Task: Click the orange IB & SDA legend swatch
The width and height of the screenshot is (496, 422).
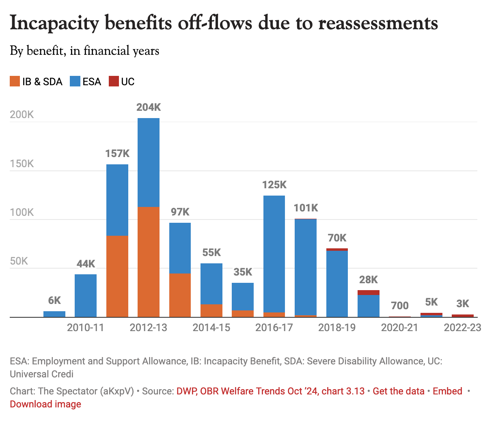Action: coord(15,82)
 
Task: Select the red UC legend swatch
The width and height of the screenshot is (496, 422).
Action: coord(113,82)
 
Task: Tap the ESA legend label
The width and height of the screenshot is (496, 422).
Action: coord(92,82)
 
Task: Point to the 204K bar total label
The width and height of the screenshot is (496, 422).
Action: coord(149,107)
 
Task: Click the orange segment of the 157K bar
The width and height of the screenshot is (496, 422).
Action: coord(117,276)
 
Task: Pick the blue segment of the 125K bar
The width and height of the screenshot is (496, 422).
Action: coord(274,254)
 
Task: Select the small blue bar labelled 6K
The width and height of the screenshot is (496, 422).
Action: coord(54,314)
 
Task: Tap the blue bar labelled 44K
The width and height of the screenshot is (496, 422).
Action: coord(86,295)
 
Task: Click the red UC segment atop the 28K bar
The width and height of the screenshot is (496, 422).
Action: coord(369,293)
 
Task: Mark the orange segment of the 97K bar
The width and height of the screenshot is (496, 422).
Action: coord(180,295)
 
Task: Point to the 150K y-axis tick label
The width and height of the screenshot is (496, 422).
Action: coord(22,164)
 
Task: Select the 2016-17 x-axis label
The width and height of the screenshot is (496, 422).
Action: coord(274,327)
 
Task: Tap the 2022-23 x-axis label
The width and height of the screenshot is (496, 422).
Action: coord(462,327)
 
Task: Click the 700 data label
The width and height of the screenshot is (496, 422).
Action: coord(400,306)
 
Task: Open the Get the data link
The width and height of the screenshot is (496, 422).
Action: coord(399,391)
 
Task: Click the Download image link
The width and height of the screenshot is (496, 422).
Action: coord(45,404)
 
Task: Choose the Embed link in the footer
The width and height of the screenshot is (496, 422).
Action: coord(447,391)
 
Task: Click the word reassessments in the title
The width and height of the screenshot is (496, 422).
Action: coord(378,23)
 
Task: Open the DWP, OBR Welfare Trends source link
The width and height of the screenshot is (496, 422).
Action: coord(270,391)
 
